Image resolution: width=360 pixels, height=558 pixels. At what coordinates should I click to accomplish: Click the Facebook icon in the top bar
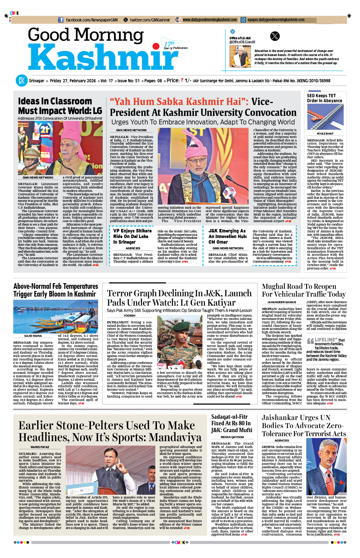click(x=61, y=20)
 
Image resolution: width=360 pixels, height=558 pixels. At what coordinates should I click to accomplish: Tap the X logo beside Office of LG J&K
click(x=275, y=36)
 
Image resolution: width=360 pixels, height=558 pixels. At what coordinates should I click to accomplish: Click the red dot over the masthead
click(x=156, y=47)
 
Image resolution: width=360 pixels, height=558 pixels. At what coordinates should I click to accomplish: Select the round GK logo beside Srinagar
click(x=21, y=81)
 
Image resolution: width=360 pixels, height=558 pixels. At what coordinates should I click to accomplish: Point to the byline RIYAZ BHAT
click(x=325, y=134)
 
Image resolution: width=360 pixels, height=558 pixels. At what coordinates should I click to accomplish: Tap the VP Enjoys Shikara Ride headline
click(x=132, y=236)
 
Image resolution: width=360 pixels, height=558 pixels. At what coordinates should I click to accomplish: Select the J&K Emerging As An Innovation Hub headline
click(x=228, y=236)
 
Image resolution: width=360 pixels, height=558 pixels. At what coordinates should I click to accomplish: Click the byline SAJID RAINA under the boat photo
click(x=33, y=336)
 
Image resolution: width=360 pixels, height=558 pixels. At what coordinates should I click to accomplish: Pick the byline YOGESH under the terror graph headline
click(x=129, y=316)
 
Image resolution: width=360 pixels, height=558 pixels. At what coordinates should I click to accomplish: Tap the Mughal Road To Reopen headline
click(x=304, y=290)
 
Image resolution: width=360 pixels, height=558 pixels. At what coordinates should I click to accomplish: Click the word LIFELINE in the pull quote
click(x=326, y=340)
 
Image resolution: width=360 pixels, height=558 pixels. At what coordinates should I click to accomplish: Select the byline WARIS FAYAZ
click(x=40, y=447)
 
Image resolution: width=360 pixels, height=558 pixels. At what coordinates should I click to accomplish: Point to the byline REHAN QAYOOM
click(x=232, y=437)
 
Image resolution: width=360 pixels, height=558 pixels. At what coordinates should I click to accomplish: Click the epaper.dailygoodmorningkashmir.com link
click(x=276, y=20)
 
